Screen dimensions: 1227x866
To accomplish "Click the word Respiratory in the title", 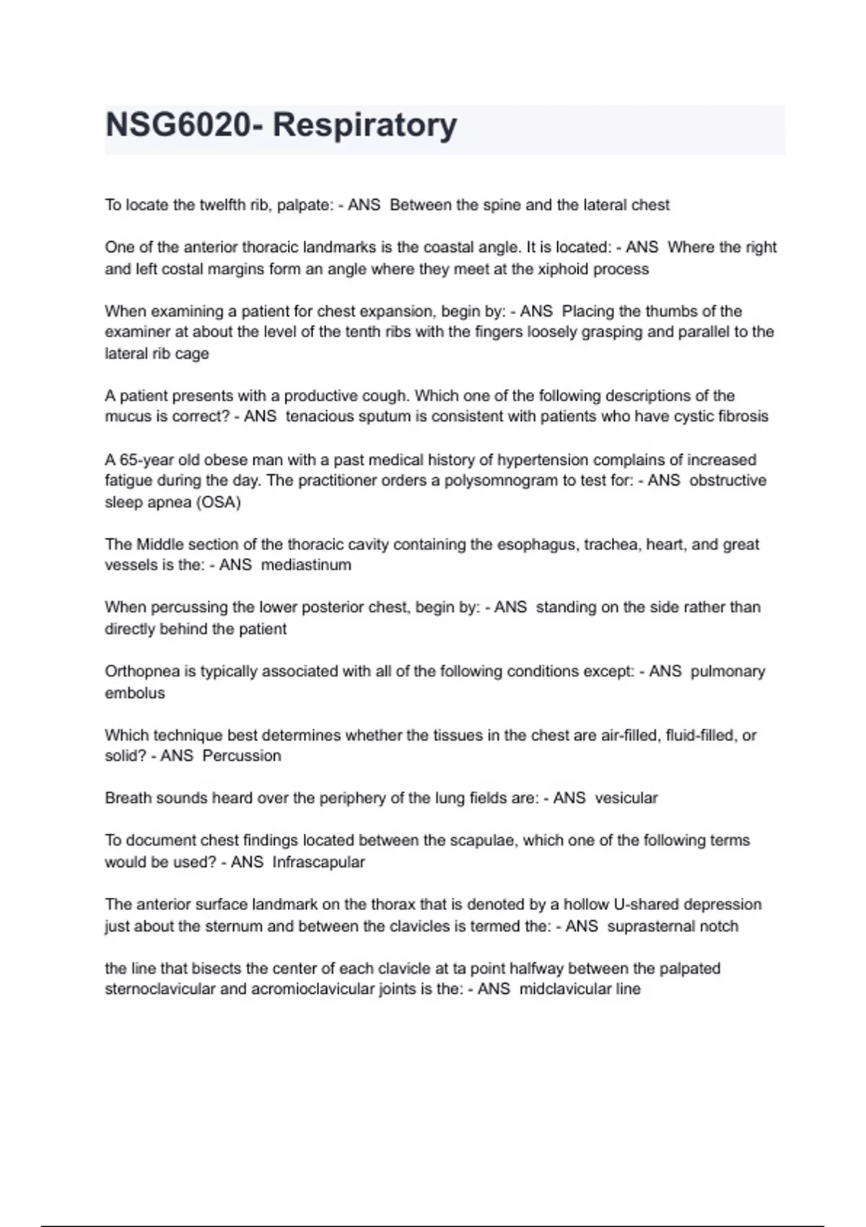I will (x=364, y=126).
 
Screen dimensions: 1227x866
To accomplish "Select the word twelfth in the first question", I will (x=222, y=205).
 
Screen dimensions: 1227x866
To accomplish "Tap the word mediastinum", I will (x=306, y=565).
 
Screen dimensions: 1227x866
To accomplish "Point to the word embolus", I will (x=135, y=693).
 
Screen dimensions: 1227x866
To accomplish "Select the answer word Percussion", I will (x=242, y=756).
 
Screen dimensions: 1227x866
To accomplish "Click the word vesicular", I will (x=626, y=798).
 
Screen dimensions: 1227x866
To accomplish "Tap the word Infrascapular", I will (x=319, y=862).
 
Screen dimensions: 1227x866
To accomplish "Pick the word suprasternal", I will (x=653, y=926).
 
